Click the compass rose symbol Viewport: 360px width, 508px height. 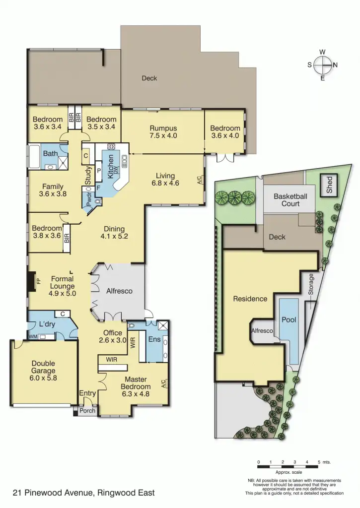coord(322,65)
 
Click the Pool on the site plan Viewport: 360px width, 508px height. coord(289,320)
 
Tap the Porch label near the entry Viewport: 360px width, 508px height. coord(87,411)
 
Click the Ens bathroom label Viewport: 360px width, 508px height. coord(154,339)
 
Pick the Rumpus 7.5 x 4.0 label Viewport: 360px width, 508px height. coord(163,131)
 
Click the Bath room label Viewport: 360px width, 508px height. coord(50,154)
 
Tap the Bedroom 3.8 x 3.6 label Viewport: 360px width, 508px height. coord(47,232)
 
